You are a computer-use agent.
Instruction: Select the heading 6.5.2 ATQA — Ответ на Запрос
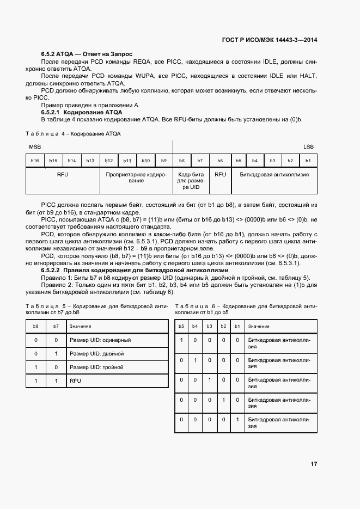pos(83,55)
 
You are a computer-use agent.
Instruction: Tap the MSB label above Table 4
pos(35,147)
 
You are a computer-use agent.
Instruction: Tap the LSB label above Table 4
pos(308,147)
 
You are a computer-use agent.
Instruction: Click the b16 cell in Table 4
pos(35,161)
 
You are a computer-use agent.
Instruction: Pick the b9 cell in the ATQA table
pos(163,161)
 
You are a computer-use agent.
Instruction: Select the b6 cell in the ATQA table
pos(220,161)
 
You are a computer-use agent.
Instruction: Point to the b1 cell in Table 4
pos(308,161)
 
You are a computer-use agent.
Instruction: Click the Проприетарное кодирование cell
pos(136,177)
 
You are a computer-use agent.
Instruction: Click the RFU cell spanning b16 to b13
pos(63,175)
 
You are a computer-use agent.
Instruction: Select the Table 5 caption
pos(97,309)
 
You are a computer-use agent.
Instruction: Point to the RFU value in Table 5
pos(75,381)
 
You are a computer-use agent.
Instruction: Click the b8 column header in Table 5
pos(36,326)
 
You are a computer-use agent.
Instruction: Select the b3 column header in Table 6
pos(209,326)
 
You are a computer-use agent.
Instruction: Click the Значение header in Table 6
pos(259,326)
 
